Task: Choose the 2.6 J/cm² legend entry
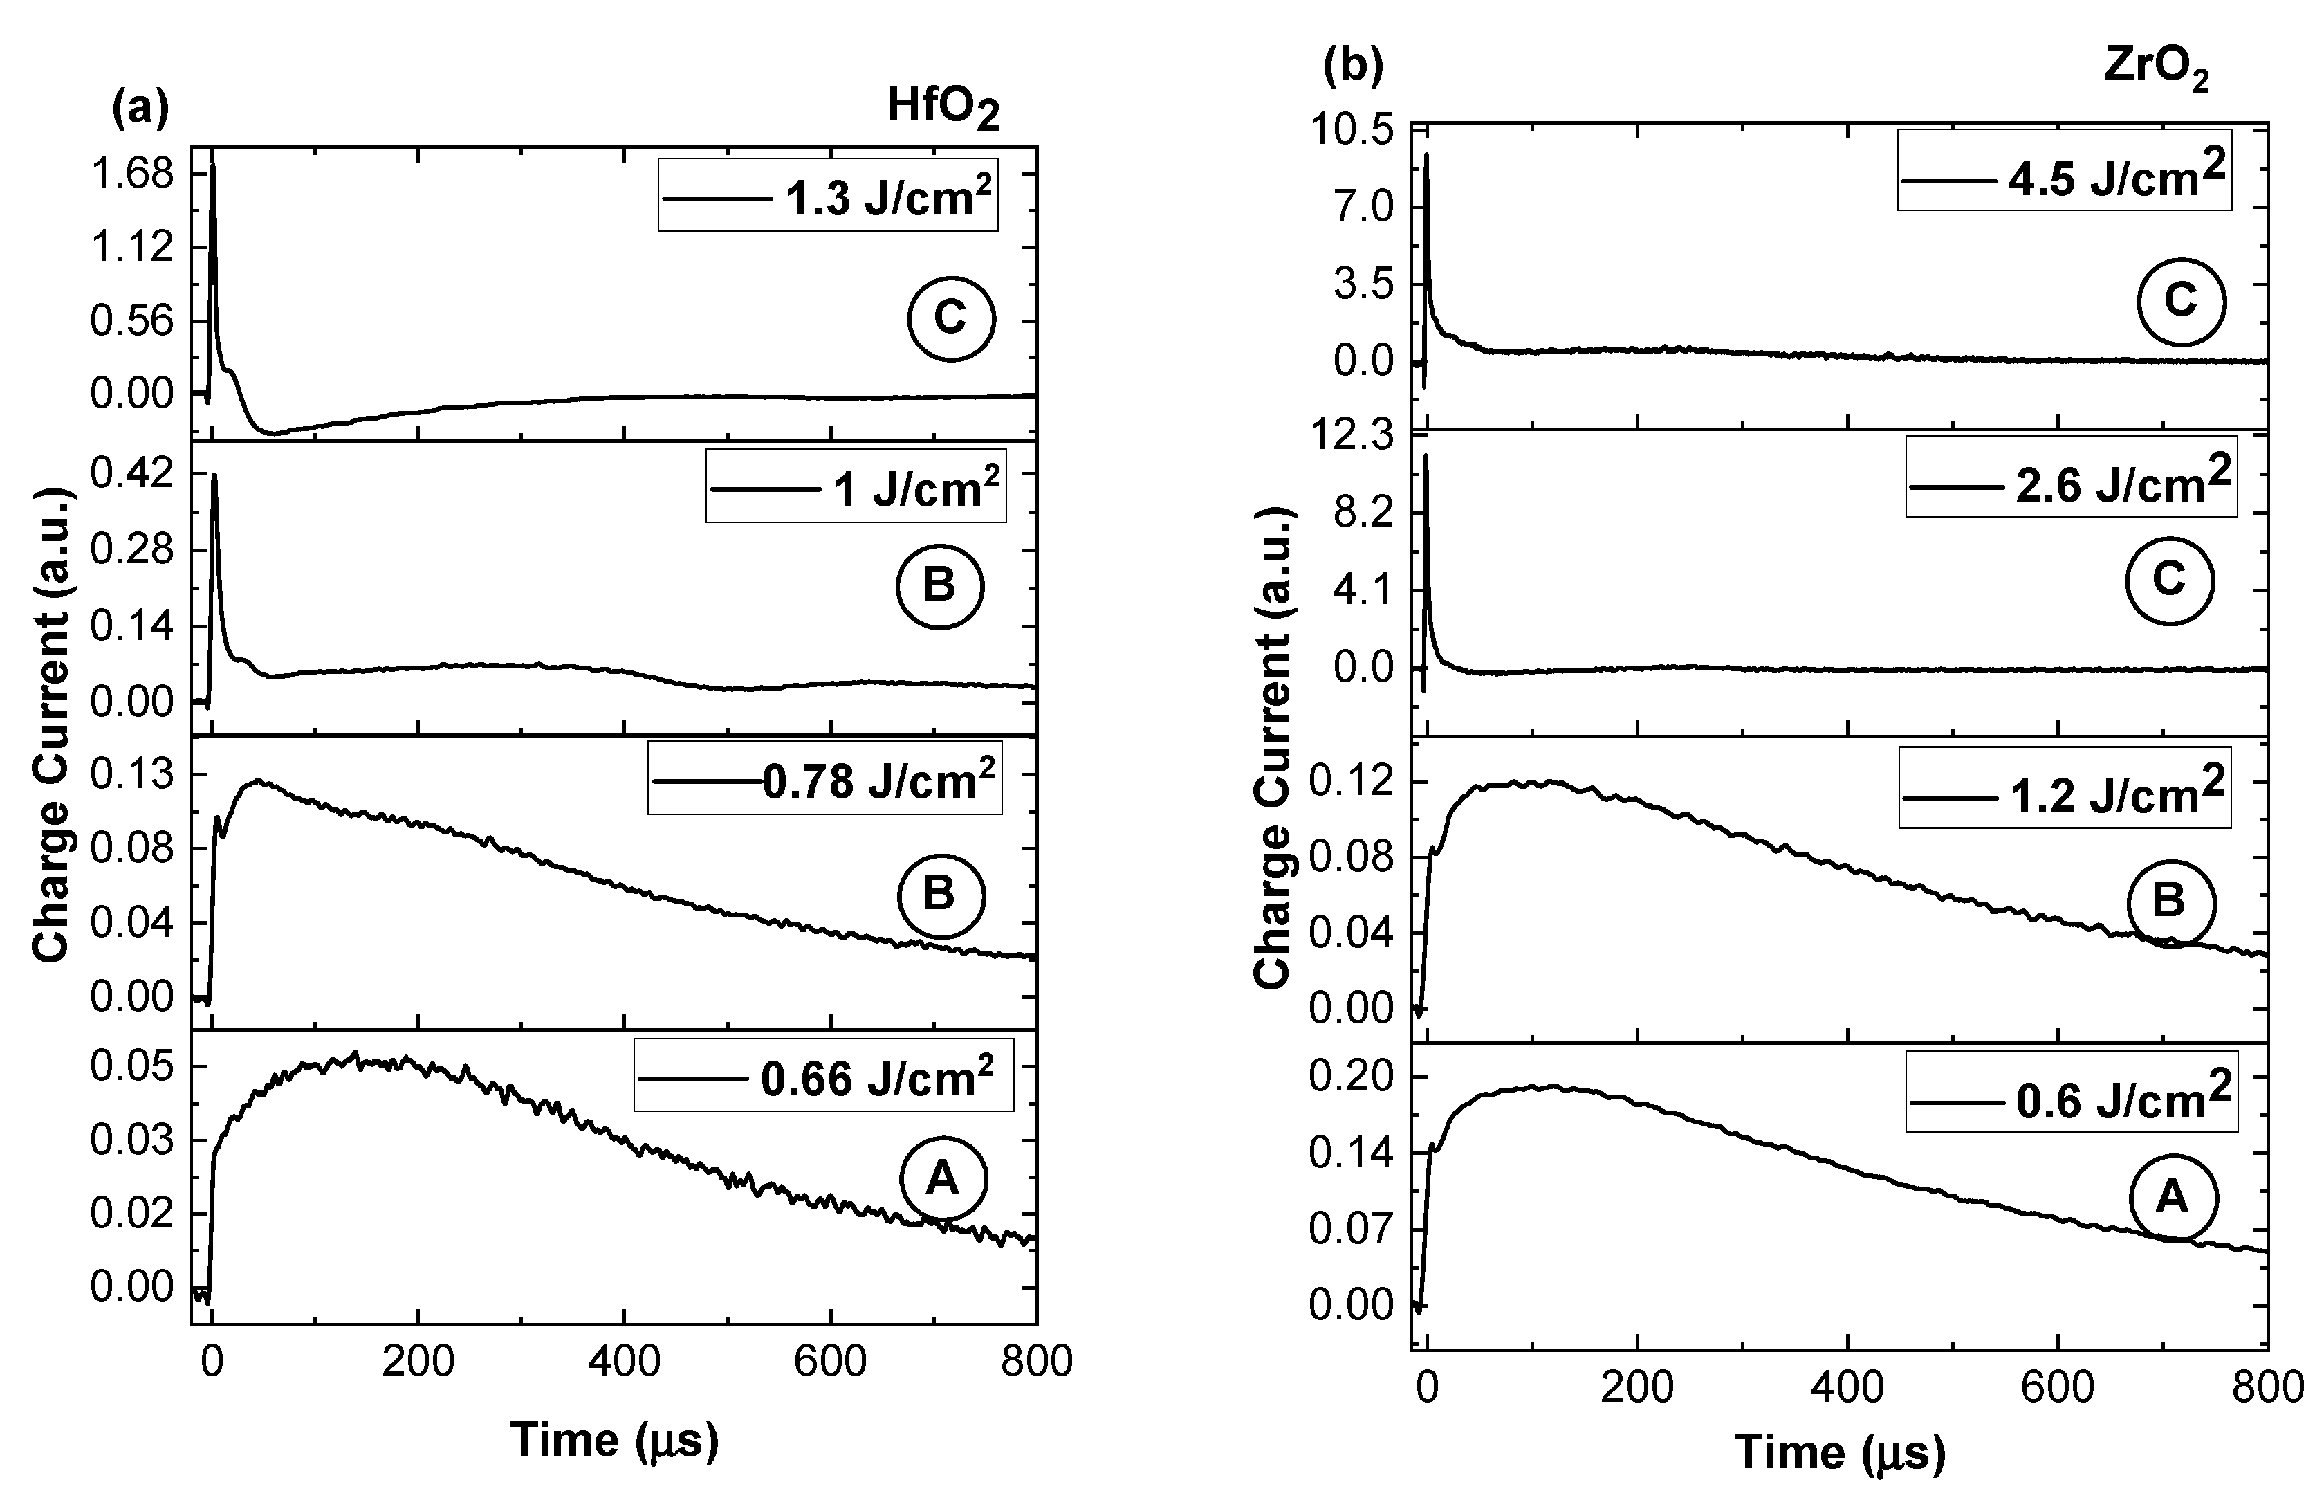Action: coord(2070,484)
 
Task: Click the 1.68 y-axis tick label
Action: coord(131,175)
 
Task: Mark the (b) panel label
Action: coord(1352,66)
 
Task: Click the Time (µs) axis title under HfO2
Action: coord(614,1440)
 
